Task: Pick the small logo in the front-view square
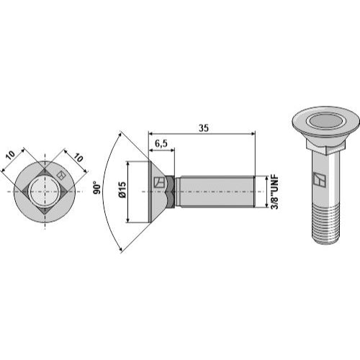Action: pos(60,174)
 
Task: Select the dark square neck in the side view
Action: pos(170,192)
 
